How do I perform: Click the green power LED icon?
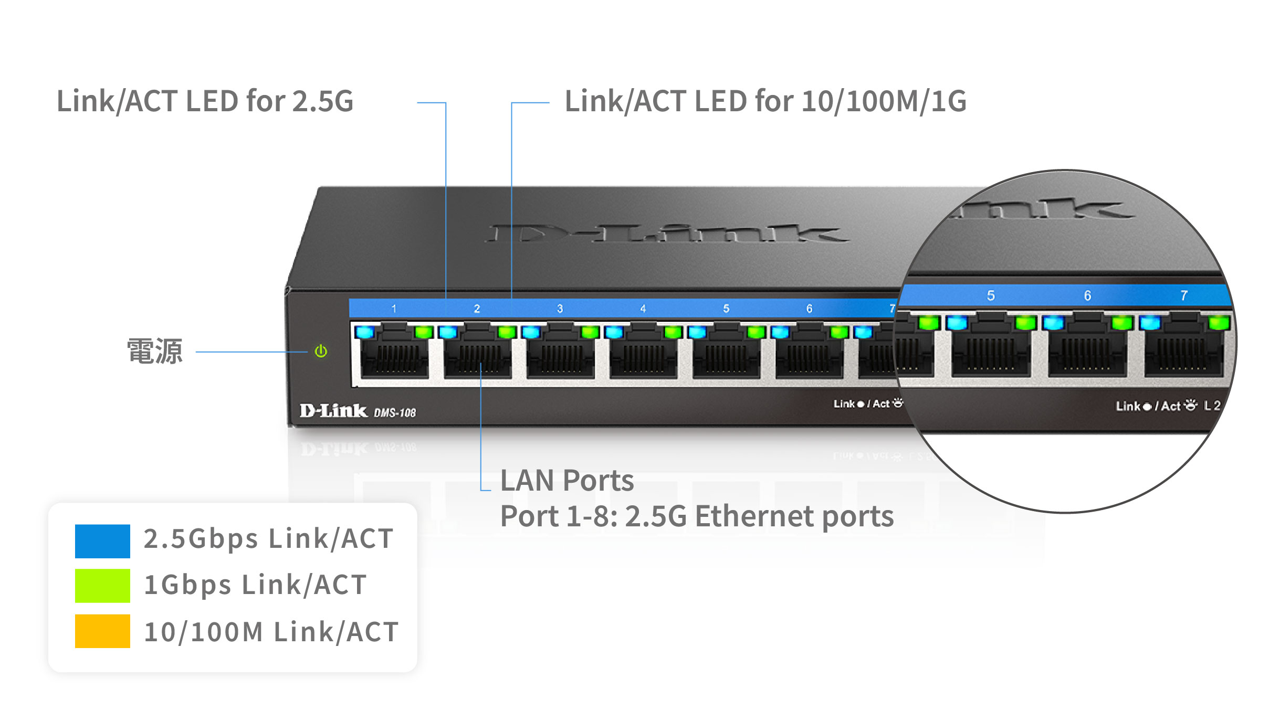click(x=321, y=351)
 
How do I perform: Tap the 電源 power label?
click(x=155, y=351)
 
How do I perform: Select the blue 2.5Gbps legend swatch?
click(x=102, y=540)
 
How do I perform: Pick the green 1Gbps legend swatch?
click(x=102, y=586)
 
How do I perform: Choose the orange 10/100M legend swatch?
click(x=102, y=631)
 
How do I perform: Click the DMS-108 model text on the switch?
click(x=394, y=413)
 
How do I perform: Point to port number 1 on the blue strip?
click(x=394, y=309)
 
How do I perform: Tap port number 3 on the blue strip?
click(x=560, y=309)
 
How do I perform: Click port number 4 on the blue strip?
click(x=643, y=309)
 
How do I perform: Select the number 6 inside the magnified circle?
click(x=1087, y=296)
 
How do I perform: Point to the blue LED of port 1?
click(x=365, y=332)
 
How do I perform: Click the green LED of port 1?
click(x=423, y=332)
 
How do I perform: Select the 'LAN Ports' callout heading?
click(x=567, y=480)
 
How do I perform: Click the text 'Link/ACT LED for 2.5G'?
click(x=205, y=101)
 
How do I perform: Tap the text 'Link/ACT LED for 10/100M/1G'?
click(x=765, y=101)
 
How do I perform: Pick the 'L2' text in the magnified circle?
click(x=1212, y=406)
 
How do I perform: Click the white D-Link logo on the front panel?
click(x=333, y=410)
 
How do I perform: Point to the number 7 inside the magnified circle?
click(x=1184, y=296)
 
